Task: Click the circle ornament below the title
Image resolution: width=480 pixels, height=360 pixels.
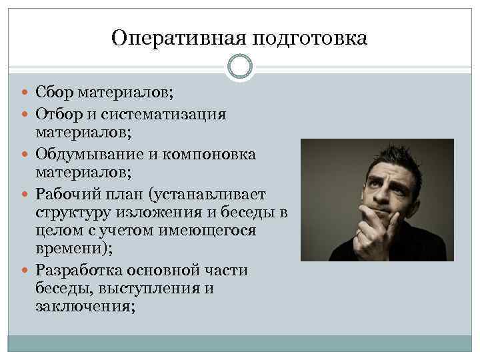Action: click(x=240, y=67)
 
